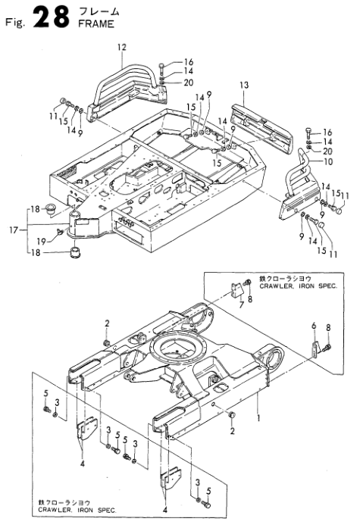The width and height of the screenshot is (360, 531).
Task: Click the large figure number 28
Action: [x=46, y=19]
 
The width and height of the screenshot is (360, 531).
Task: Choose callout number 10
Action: [x=328, y=162]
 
